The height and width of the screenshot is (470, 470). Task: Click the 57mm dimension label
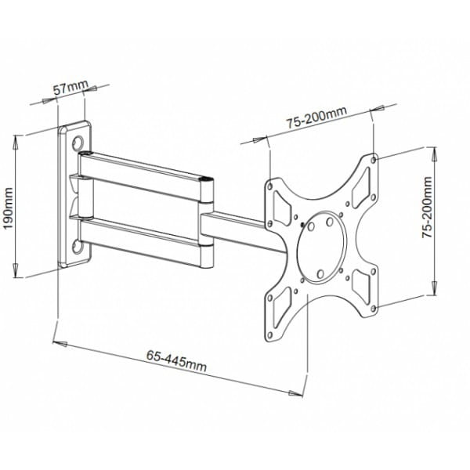68,89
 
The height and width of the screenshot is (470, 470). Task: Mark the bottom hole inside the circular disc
319,273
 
